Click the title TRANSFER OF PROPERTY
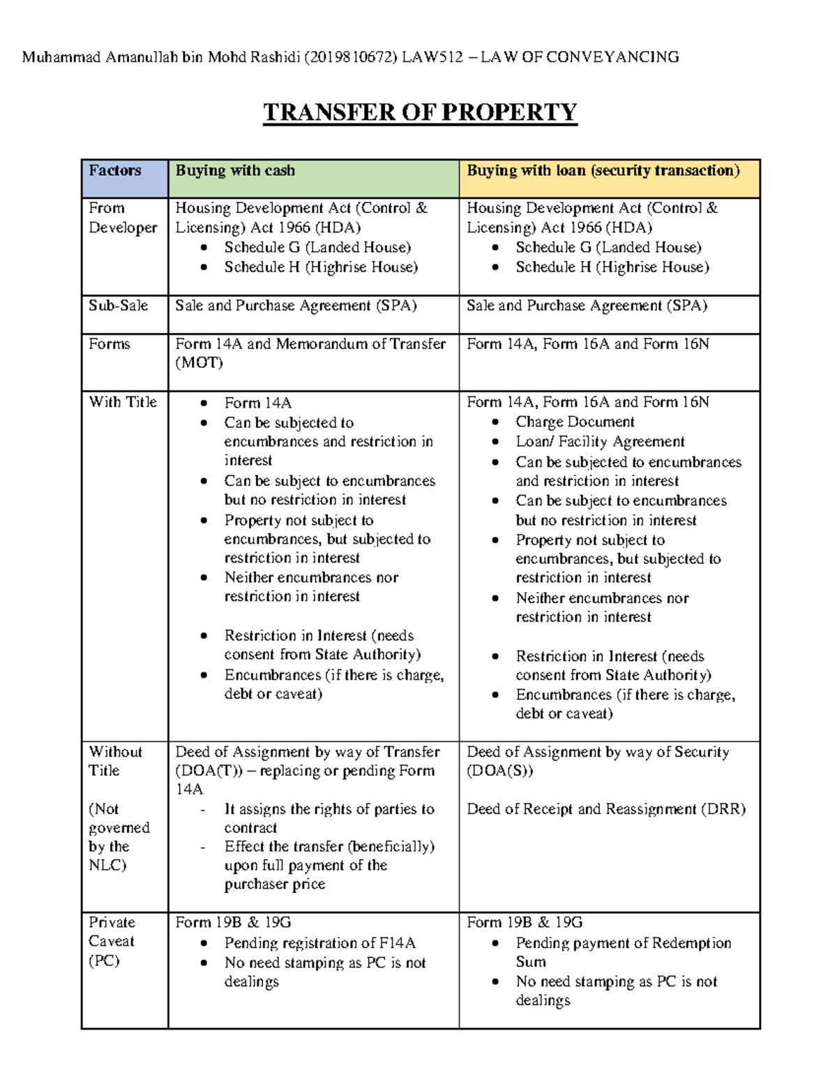[420, 112]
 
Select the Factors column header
[115, 171]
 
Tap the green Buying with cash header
[235, 171]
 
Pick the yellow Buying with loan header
[603, 171]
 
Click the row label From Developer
[123, 218]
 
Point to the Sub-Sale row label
[118, 306]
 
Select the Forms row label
[110, 344]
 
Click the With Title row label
[123, 402]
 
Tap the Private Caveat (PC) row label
[112, 941]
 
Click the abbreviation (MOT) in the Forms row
[199, 363]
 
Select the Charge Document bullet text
[575, 422]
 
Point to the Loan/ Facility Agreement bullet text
[600, 442]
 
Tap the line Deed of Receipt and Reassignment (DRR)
[606, 809]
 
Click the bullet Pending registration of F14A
[319, 943]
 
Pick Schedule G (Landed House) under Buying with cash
[317, 247]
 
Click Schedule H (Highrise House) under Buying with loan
[612, 267]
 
